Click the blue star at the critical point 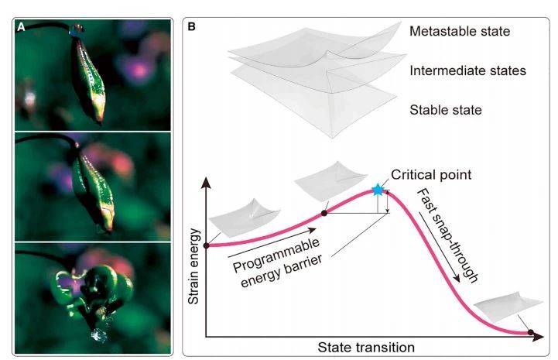378,190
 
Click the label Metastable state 460,33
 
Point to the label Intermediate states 467,70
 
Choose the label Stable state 444,110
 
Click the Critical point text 431,175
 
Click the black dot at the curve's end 531,334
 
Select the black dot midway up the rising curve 324,212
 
